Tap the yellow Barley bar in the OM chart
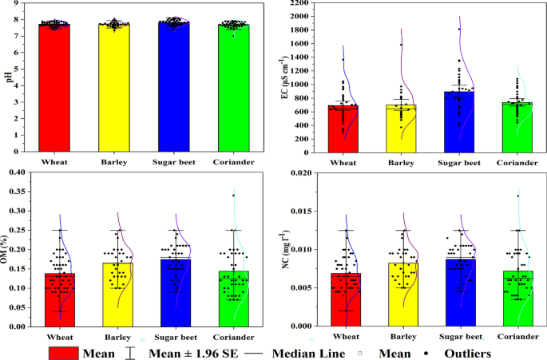tap(118, 295)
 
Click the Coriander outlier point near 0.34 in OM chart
tap(234, 196)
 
